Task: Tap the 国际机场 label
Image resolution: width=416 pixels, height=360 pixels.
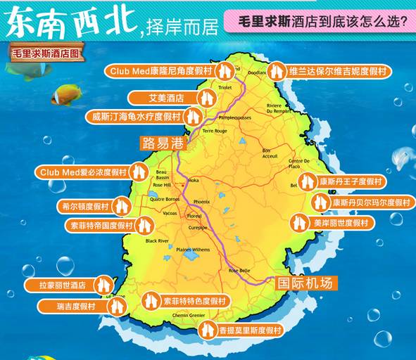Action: (x=303, y=283)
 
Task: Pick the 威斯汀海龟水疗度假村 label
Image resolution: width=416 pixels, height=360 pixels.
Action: (x=137, y=117)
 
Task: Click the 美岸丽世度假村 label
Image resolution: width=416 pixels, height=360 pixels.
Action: (x=341, y=223)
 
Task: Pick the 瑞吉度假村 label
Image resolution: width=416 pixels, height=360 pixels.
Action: (x=76, y=307)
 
